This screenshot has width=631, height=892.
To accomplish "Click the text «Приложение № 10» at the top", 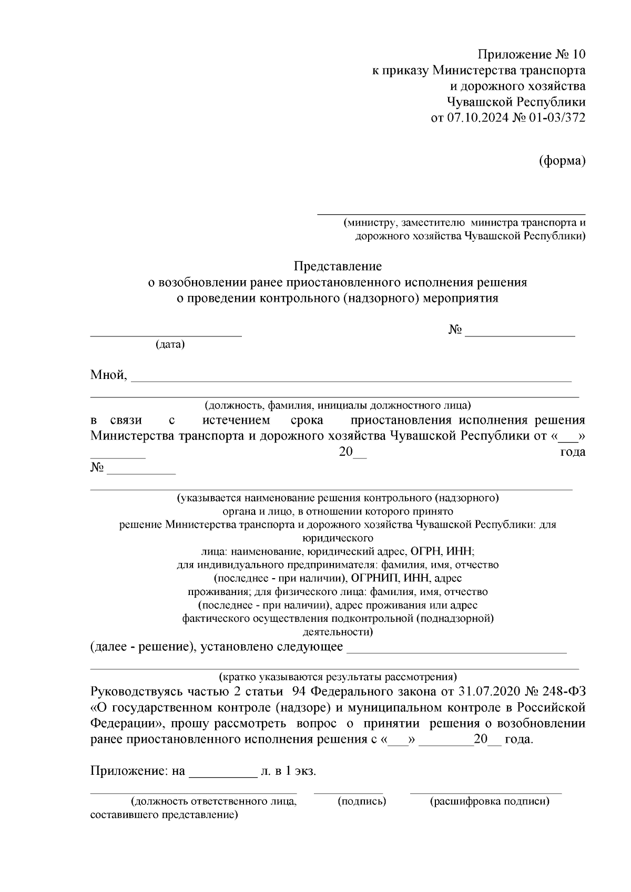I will (x=531, y=54).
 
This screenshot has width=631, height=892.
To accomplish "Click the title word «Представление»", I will (x=337, y=266).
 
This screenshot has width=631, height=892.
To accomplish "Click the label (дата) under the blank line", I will (x=170, y=345).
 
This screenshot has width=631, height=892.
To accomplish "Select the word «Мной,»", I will (x=109, y=375).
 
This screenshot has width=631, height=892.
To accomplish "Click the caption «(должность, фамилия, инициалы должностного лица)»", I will (x=338, y=405).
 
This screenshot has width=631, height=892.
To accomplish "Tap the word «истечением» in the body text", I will (x=236, y=420).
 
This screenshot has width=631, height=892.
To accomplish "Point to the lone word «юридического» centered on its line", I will (x=338, y=538).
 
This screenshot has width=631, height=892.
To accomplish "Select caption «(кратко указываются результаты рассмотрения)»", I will (x=338, y=676).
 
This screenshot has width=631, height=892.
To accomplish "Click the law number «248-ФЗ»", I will (x=564, y=690).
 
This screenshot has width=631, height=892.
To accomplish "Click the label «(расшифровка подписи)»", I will (x=489, y=801).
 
